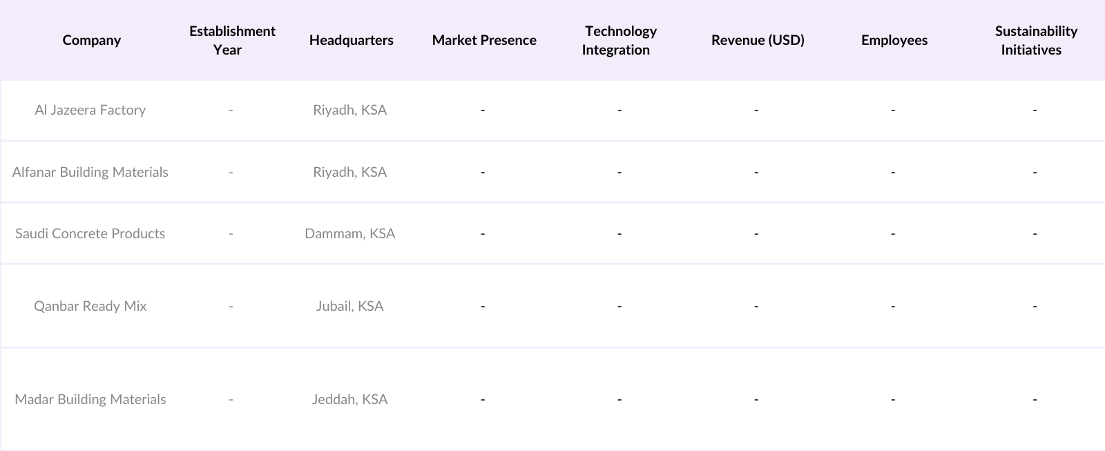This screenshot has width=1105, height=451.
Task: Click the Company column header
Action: point(92,40)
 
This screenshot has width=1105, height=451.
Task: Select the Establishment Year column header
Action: point(232,40)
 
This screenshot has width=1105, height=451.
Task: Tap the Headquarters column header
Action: point(351,40)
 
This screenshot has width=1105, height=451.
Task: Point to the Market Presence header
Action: point(484,40)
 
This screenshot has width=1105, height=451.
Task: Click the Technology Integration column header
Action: point(619,40)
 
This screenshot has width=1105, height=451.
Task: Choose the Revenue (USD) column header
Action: point(758,40)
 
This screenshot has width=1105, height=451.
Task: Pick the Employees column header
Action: point(894,40)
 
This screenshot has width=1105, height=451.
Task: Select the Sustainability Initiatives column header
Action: point(1035,40)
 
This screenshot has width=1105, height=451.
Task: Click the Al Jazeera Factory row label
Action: point(90,110)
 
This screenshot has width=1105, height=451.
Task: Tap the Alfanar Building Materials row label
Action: point(90,172)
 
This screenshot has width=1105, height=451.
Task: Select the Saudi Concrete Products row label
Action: point(90,233)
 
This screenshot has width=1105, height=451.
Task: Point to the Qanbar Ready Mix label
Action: point(90,306)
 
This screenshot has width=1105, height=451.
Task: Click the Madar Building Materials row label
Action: point(90,399)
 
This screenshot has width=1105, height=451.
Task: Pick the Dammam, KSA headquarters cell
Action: point(350,233)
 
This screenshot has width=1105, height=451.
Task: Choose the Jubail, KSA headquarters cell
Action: point(350,306)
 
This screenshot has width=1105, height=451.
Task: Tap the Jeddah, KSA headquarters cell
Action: point(350,399)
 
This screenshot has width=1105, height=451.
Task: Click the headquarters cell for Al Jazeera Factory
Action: point(350,110)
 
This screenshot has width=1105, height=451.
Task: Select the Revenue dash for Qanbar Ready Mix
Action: point(756,306)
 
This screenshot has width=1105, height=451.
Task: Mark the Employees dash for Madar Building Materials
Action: point(893,399)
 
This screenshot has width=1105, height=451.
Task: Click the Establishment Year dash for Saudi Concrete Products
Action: point(231,233)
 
